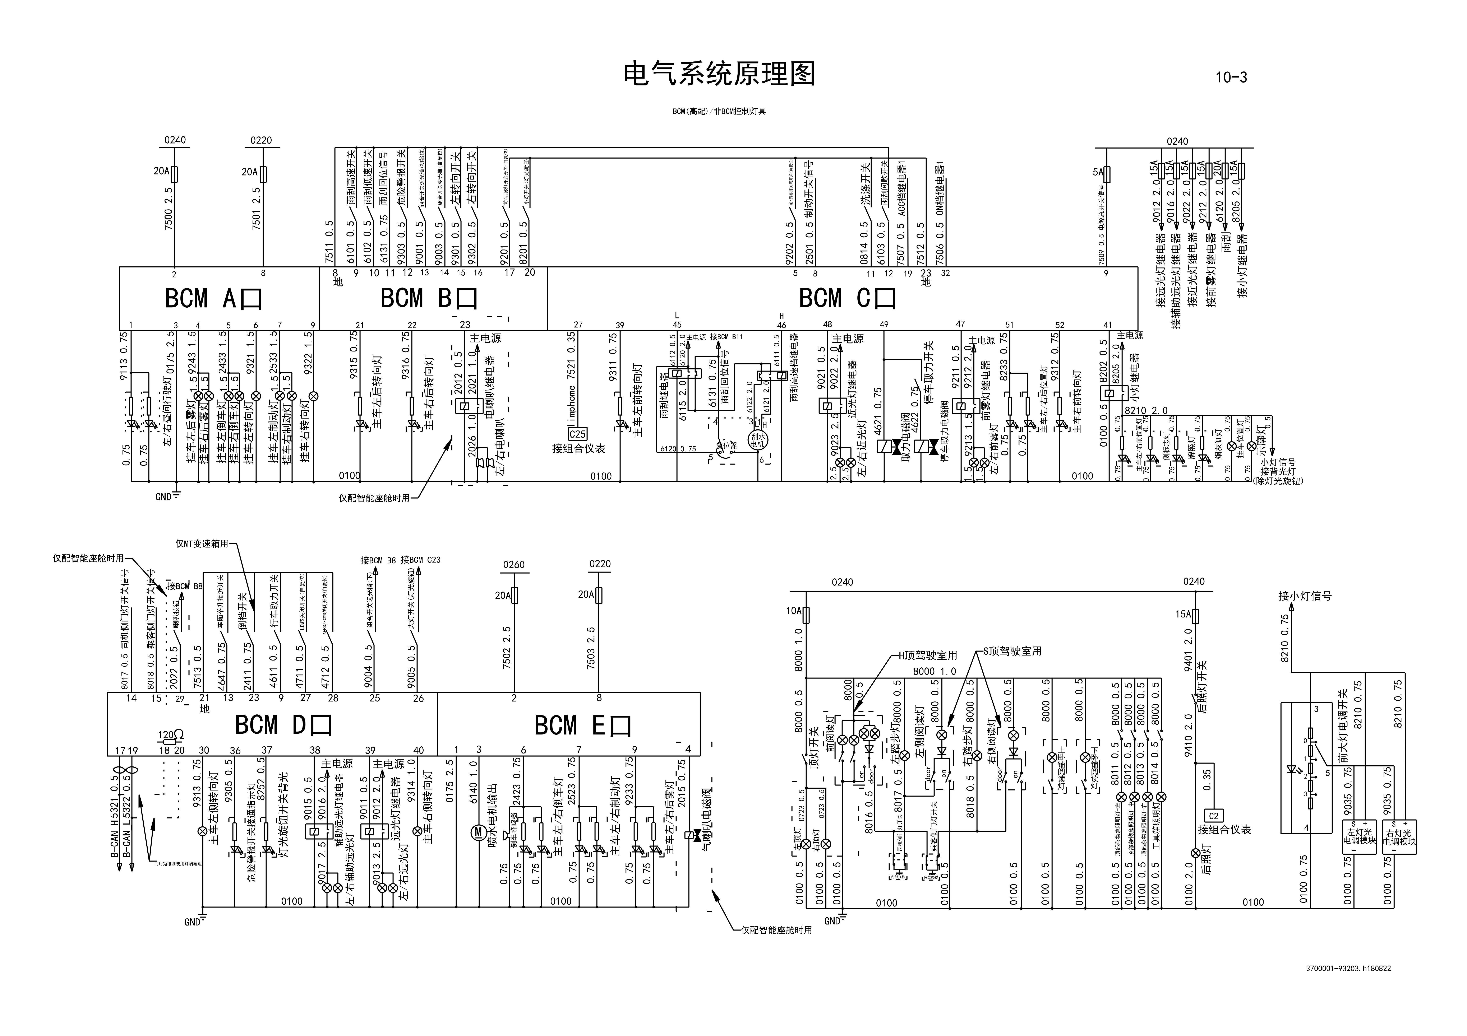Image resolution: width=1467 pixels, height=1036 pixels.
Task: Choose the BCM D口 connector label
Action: click(x=283, y=725)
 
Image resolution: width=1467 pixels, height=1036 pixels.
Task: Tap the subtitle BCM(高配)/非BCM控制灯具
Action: click(x=719, y=112)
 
